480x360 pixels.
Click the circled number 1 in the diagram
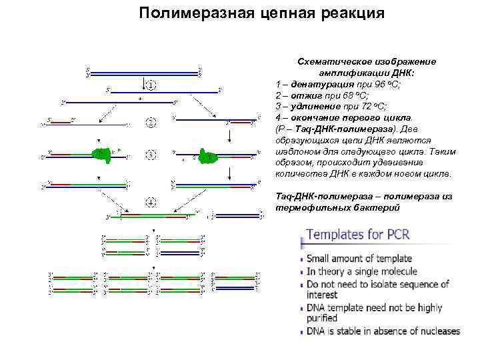tap(151, 85)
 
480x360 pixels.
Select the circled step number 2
tap(151, 122)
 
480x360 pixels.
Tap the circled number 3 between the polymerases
tap(151, 155)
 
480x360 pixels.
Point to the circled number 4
tap(151, 201)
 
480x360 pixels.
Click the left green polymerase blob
tap(101, 155)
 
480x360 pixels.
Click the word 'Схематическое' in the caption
tap(331, 61)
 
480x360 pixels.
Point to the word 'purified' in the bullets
tap(324, 318)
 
